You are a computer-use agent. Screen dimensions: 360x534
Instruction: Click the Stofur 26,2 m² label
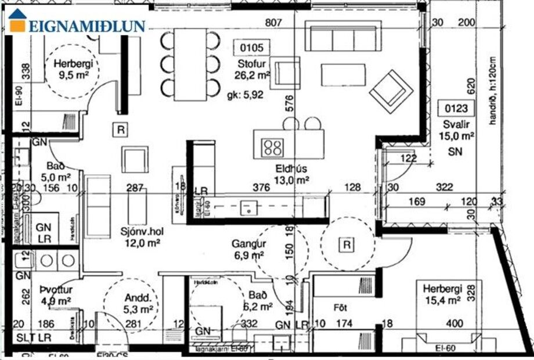click(252, 69)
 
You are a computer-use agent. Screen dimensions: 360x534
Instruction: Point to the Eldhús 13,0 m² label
click(291, 175)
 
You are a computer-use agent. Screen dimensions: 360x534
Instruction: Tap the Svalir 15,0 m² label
click(458, 130)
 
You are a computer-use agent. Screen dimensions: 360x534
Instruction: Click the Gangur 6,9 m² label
click(248, 249)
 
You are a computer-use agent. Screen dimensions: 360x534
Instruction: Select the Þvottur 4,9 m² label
click(56, 296)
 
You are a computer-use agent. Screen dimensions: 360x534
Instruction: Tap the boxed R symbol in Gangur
click(347, 245)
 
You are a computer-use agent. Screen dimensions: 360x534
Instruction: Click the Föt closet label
click(340, 306)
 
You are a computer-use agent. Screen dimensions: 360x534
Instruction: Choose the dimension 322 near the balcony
click(444, 188)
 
